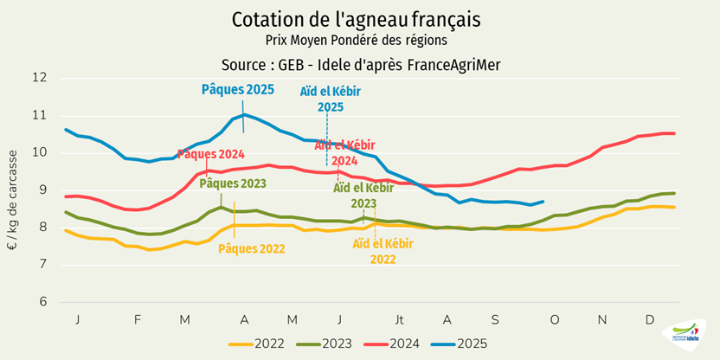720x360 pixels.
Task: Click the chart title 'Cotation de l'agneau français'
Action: tap(357, 18)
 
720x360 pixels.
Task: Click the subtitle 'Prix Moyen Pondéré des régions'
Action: tap(357, 40)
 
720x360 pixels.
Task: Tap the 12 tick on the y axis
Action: tap(40, 78)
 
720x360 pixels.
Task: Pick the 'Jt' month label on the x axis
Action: tap(400, 319)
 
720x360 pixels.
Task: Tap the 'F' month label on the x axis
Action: tap(137, 319)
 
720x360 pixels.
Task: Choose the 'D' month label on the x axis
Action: tap(649, 319)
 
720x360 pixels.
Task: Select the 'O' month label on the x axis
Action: tap(555, 319)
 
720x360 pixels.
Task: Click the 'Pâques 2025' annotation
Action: tap(238, 89)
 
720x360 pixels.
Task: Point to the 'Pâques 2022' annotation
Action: tap(251, 249)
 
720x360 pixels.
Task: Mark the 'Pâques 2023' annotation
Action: tap(233, 183)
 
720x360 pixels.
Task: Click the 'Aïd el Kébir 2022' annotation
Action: tap(381, 251)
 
